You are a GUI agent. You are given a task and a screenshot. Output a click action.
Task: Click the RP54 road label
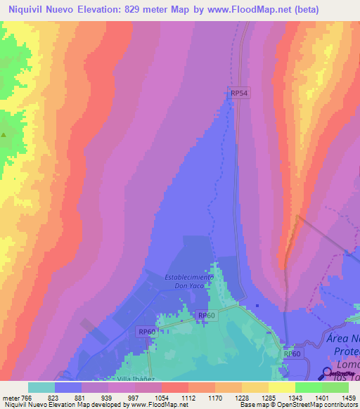coord(239,92)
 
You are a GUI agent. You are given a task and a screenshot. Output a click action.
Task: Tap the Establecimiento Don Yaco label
coord(188,281)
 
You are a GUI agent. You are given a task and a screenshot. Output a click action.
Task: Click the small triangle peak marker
coord(4,135)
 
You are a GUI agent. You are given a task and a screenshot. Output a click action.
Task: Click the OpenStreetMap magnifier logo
coord(328,372)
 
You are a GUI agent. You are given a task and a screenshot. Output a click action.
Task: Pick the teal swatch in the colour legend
coord(41,387)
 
